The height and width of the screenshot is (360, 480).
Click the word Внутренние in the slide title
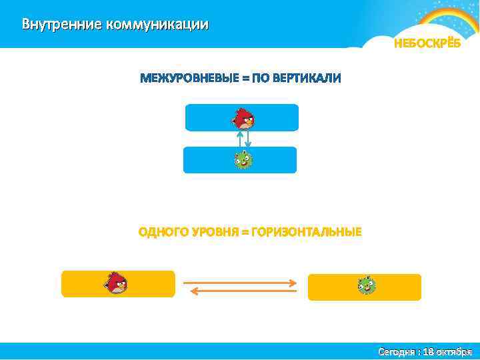[60, 25]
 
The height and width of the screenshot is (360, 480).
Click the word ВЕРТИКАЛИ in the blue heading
[307, 78]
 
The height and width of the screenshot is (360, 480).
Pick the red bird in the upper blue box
[243, 118]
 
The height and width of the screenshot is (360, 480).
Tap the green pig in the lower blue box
[243, 160]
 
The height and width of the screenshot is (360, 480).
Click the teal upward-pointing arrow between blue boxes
[239, 138]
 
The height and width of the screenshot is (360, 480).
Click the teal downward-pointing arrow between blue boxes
[248, 138]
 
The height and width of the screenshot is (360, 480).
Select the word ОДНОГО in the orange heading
[162, 232]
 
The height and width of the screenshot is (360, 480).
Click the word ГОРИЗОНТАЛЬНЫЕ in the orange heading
[306, 232]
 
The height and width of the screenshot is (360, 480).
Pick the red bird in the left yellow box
[116, 283]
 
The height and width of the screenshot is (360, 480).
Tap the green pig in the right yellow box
[365, 286]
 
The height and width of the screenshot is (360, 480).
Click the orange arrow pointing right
[239, 283]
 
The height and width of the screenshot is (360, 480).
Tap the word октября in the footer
[455, 351]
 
